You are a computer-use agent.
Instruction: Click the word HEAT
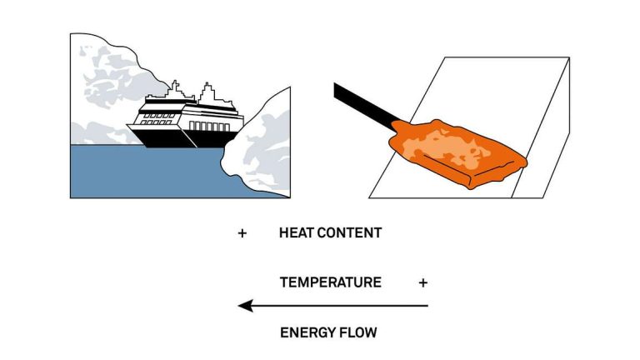point(296,233)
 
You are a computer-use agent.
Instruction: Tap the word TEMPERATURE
point(330,282)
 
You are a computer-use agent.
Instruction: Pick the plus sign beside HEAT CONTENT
point(242,233)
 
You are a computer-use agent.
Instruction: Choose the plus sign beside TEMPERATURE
point(423,282)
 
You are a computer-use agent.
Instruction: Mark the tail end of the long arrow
point(427,306)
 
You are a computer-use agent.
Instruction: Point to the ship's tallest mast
point(174,88)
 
